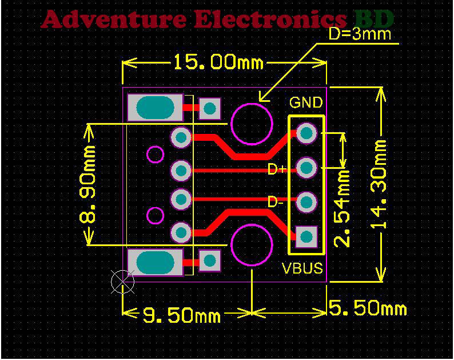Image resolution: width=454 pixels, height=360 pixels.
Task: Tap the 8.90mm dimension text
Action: point(89,184)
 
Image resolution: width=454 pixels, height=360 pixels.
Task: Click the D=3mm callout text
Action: point(360,34)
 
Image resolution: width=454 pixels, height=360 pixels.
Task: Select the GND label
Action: point(306,103)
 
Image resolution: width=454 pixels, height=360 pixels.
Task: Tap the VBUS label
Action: point(302,268)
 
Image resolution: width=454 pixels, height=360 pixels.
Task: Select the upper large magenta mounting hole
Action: point(251,123)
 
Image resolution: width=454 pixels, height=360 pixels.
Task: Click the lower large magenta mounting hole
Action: point(251,244)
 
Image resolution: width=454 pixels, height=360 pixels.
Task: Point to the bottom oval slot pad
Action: point(155,262)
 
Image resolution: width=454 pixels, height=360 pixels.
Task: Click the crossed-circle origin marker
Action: point(122,280)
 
